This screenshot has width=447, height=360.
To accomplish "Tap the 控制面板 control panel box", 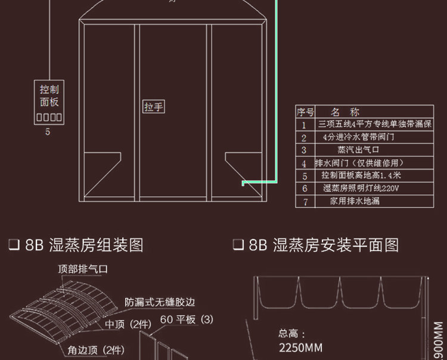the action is [49, 103].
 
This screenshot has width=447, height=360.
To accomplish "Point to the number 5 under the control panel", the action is [48, 132].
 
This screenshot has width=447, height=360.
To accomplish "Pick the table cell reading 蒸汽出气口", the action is [354, 150].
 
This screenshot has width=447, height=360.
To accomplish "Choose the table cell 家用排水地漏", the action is [355, 201].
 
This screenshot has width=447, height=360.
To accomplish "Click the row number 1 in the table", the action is [304, 125].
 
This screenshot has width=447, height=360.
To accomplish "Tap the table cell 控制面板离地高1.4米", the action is [361, 175].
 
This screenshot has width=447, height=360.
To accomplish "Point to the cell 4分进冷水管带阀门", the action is [358, 137].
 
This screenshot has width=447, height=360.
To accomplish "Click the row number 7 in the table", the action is [305, 201].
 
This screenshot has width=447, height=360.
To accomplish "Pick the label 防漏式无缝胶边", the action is [160, 302].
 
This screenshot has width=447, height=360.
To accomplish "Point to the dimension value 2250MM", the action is [301, 347].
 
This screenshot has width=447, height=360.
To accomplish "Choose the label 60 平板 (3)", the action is [186, 320].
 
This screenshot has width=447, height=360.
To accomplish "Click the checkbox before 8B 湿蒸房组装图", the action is [14, 246].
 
